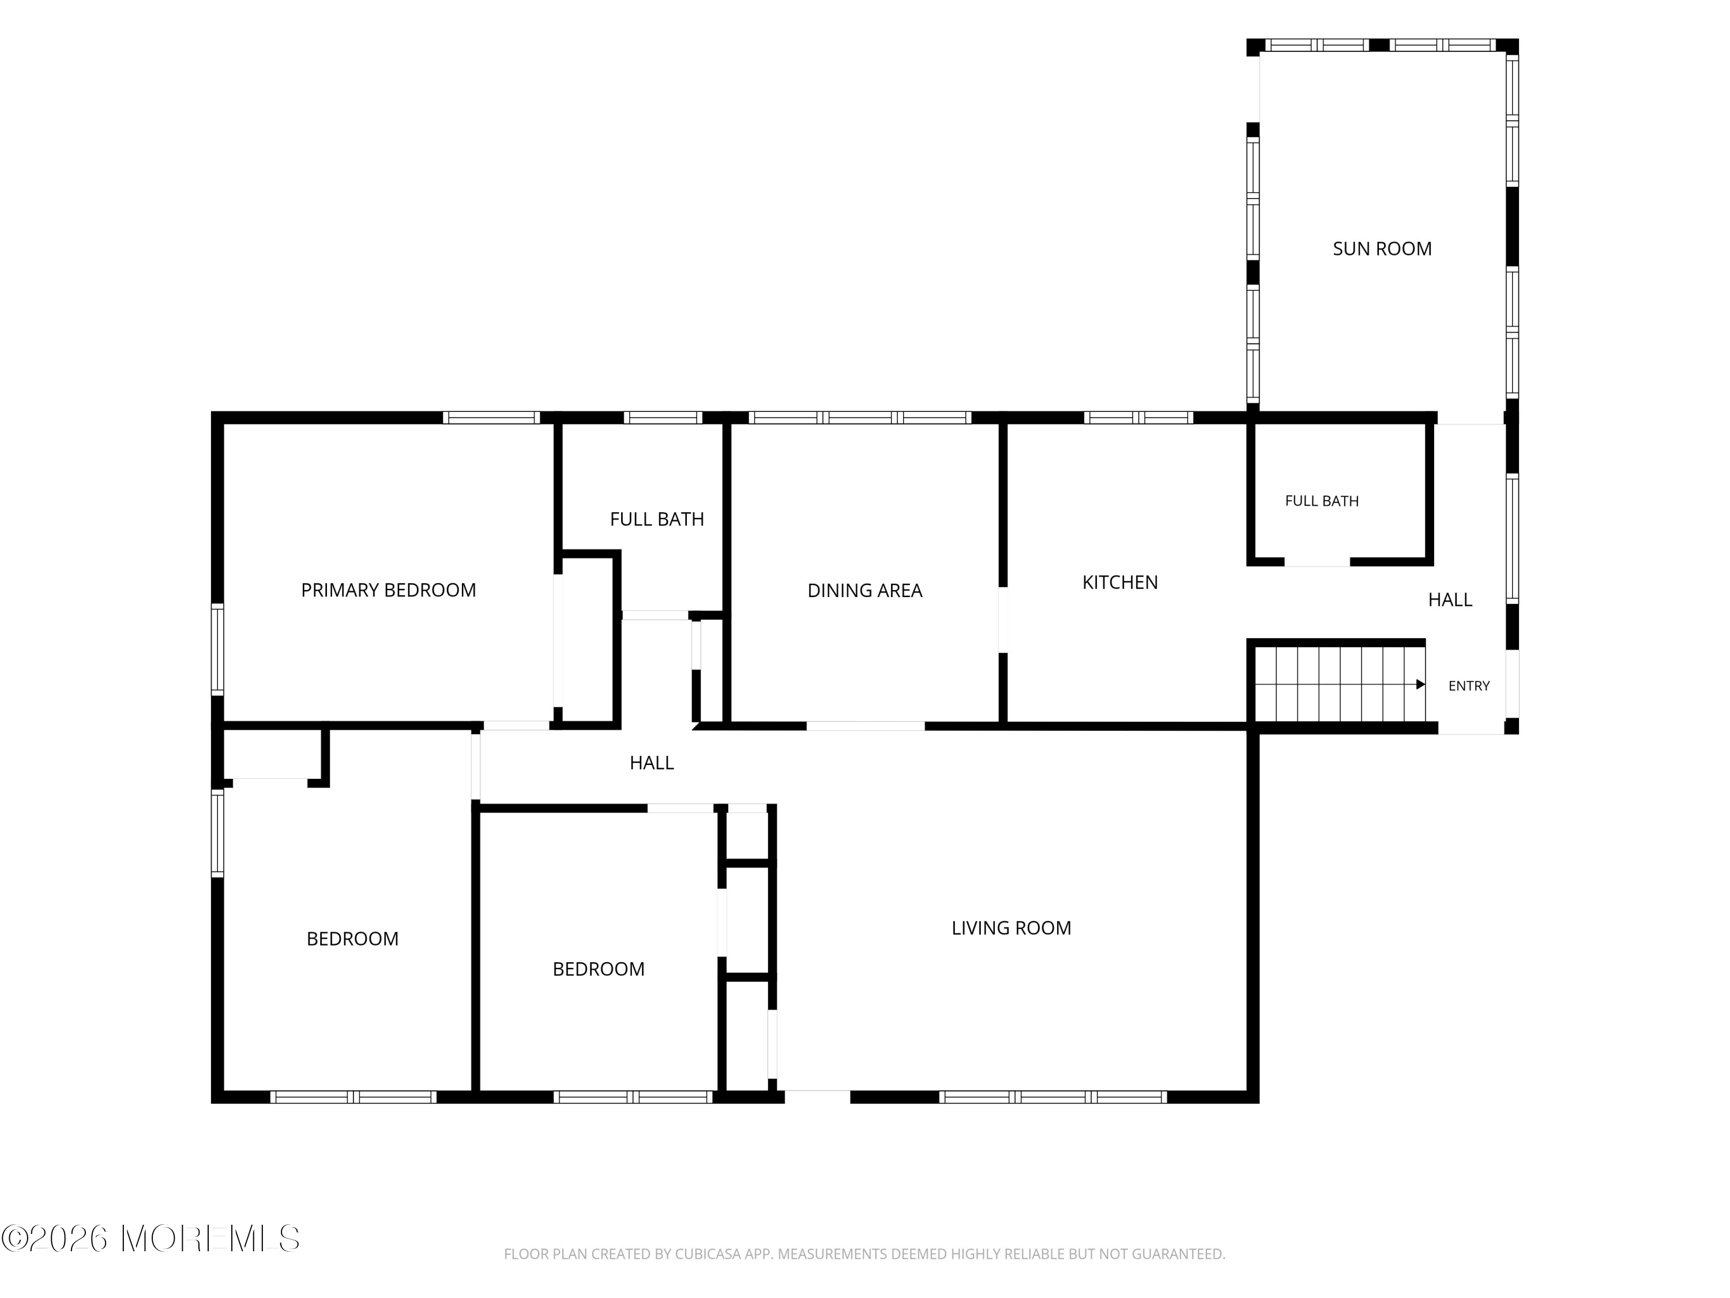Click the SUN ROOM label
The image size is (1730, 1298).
coord(1382,249)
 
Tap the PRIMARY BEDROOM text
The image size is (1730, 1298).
coord(389,590)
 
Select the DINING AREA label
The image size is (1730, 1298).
coord(865,591)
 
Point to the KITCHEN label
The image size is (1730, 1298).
coord(1120,582)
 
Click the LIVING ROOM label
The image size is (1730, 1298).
coord(1011,928)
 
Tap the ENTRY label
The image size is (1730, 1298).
coord(1469,686)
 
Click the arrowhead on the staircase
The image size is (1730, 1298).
coord(1420,685)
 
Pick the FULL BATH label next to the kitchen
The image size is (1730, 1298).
coord(1322,501)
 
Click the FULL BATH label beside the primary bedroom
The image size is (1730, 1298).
coord(657,520)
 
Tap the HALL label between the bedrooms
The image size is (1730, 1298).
coord(652,763)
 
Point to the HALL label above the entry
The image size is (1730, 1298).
coord(1450,600)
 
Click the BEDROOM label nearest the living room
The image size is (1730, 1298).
coord(599,969)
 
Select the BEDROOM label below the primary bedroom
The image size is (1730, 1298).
coord(353,939)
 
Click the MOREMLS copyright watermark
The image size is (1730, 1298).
coord(150,1239)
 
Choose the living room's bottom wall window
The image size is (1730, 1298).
coord(1052,1097)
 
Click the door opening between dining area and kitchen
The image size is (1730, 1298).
coord(1003,620)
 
